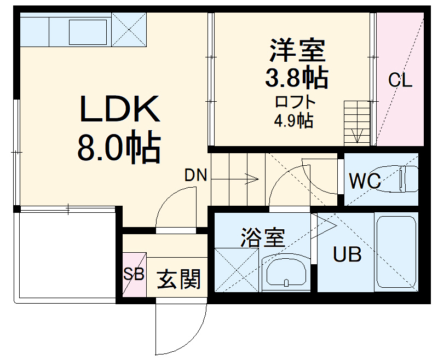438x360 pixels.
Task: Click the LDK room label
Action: click(x=120, y=109)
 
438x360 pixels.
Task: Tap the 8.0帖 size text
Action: click(x=119, y=148)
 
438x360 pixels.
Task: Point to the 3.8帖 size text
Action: click(x=297, y=79)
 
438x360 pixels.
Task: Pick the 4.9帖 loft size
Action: click(x=293, y=120)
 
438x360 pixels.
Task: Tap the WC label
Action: click(x=365, y=181)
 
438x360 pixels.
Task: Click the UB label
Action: click(x=348, y=255)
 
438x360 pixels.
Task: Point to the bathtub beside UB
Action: click(x=396, y=251)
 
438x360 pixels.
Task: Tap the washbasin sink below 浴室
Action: click(x=286, y=272)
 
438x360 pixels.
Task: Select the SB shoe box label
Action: click(x=134, y=274)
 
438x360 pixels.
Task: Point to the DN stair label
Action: click(x=195, y=176)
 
